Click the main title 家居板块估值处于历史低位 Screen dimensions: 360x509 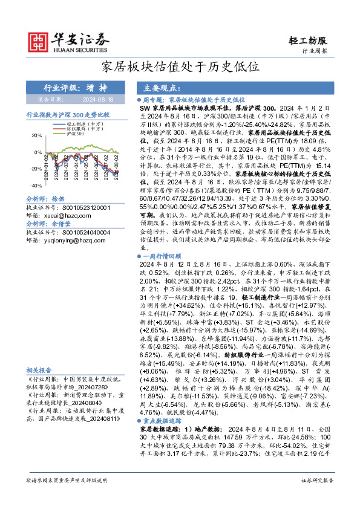coord(180,66)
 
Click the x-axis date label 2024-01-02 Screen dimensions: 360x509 coord(47,164)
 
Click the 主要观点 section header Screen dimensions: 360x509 coord(161,87)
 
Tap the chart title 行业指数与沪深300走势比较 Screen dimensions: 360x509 coord(67,114)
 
